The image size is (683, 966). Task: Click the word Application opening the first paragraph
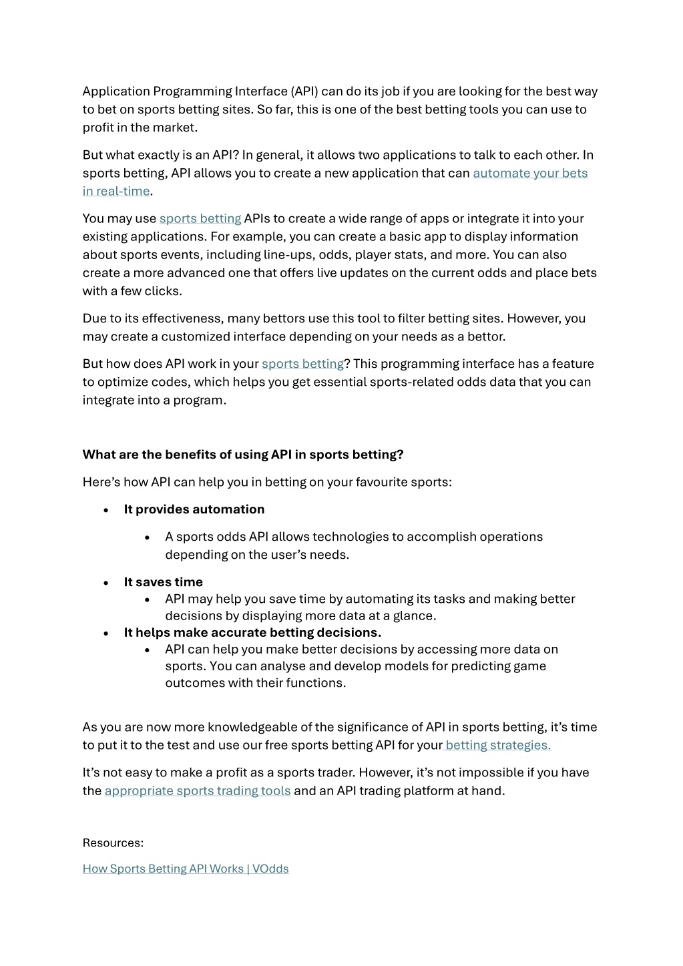(x=116, y=91)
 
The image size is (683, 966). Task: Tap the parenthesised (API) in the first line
(x=304, y=91)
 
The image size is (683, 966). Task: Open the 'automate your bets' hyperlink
(x=530, y=173)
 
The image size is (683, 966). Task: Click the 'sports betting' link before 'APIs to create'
(x=200, y=218)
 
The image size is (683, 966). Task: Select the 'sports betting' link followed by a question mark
(x=302, y=364)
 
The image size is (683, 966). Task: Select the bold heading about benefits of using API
(x=243, y=455)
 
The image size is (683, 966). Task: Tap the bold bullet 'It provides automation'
(x=194, y=509)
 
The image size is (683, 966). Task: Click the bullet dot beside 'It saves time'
(x=106, y=583)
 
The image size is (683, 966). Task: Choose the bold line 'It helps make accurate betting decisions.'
(x=252, y=632)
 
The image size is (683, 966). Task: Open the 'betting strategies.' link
(x=498, y=745)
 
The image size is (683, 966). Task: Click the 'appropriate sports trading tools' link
(x=198, y=790)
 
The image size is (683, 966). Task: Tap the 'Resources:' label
(x=113, y=842)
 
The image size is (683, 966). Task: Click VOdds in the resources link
(x=270, y=869)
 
